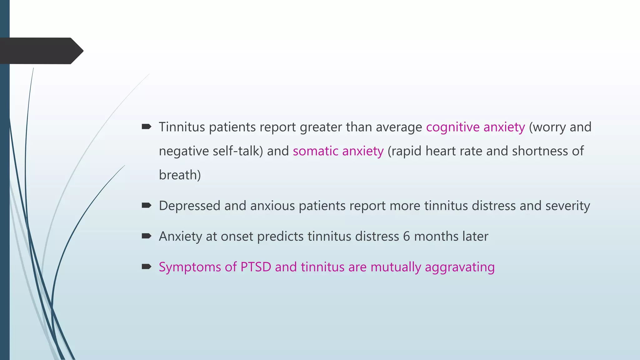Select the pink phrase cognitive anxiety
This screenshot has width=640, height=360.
tap(475, 127)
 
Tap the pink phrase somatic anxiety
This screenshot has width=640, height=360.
tap(338, 151)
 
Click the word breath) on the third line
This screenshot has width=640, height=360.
tap(180, 175)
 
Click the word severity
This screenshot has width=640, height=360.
tap(567, 206)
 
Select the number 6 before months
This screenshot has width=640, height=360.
tap(406, 237)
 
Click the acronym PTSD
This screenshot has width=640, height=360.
tap(256, 267)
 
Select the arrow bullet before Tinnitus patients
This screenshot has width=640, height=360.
tap(146, 127)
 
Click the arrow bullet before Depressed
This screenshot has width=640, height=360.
tap(146, 205)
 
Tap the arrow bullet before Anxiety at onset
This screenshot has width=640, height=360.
tap(146, 236)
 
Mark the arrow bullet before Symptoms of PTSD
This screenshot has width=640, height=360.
tap(146, 267)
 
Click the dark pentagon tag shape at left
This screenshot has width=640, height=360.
tap(41, 51)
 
